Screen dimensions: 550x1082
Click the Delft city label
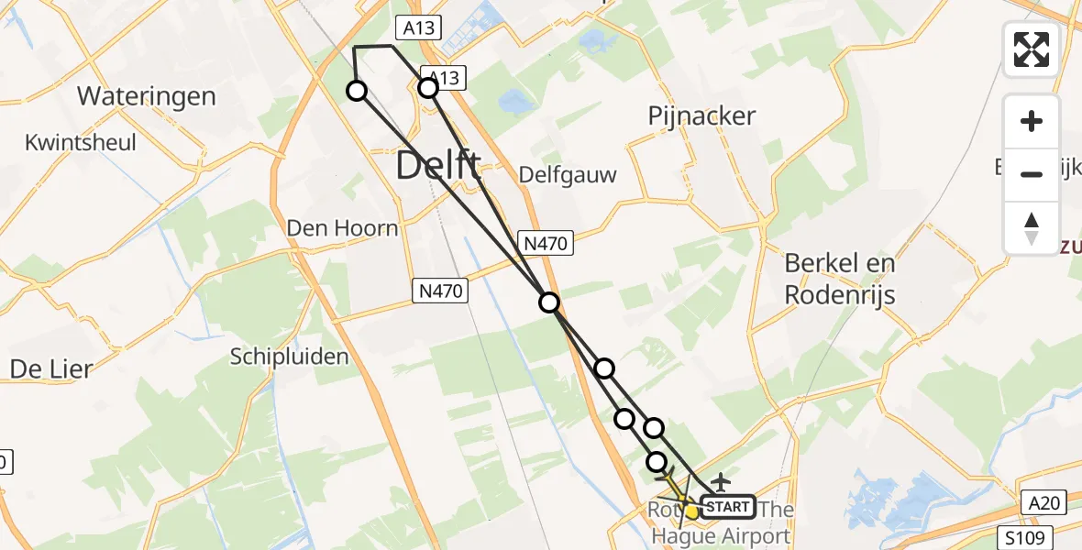[x=438, y=167]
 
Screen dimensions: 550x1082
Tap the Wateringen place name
[x=147, y=96]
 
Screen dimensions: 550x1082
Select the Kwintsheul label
[x=81, y=143]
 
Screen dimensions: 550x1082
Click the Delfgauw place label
[x=568, y=174]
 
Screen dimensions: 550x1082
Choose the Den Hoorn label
[x=342, y=227]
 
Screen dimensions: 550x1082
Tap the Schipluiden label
[x=290, y=357]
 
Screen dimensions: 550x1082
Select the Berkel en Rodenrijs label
[x=839, y=279]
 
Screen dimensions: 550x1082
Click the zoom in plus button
[x=1032, y=121]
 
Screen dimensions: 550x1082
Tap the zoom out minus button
[x=1032, y=174]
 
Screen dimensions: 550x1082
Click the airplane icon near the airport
[x=721, y=480]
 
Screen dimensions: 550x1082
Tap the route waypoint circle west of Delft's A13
[x=356, y=90]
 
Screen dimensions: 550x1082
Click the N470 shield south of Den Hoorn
[x=440, y=291]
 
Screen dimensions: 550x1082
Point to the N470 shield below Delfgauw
[x=548, y=243]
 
